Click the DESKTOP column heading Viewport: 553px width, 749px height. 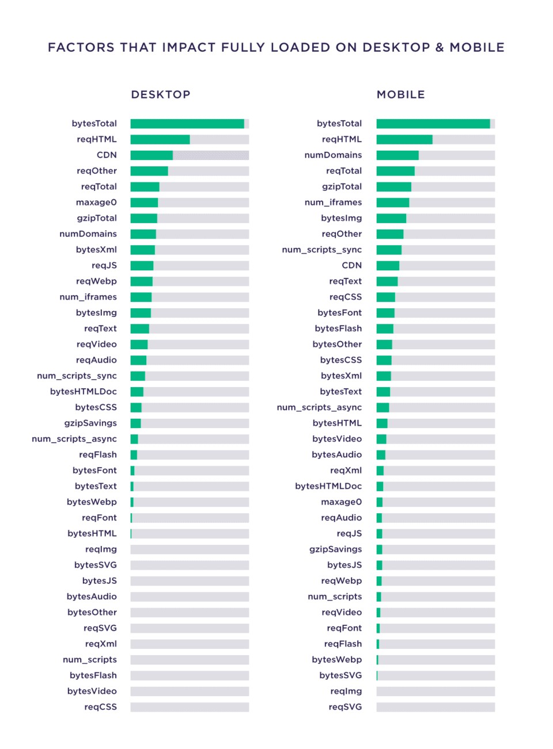pos(161,94)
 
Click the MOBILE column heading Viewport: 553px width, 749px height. pos(401,94)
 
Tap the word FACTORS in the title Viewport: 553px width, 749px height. pos(81,48)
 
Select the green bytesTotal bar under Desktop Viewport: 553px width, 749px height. pos(187,124)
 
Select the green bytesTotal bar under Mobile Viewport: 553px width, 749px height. pos(433,124)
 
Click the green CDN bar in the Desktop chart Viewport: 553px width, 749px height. pos(151,155)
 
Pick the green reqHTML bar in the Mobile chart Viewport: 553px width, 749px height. pos(404,139)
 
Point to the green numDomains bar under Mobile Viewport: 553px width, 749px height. pos(397,155)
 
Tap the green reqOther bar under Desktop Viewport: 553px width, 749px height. pos(149,171)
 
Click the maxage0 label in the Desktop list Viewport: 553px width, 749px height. pos(96,202)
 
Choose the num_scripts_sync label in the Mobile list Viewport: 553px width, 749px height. pos(321,250)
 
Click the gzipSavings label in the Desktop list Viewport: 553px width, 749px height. pos(90,423)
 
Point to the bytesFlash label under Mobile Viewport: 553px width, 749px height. pos(338,328)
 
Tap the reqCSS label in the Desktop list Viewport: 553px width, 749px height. pos(100,707)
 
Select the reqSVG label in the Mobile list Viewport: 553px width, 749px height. pos(345,707)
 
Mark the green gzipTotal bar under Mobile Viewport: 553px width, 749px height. pos(394,187)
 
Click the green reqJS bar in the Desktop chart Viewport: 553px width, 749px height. pos(142,266)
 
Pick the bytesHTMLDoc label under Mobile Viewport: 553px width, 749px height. pos(328,486)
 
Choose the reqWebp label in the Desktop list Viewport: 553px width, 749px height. pos(96,281)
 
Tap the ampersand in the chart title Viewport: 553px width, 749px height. pos(440,48)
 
